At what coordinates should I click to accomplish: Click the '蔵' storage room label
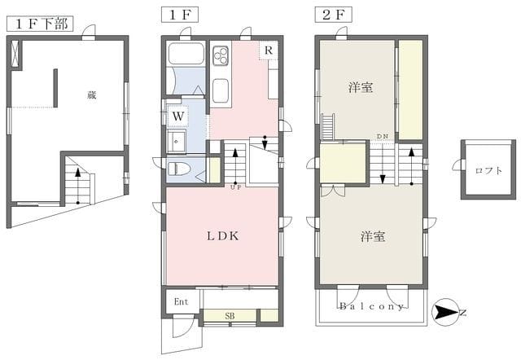point(92,95)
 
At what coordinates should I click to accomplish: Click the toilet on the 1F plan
point(181,169)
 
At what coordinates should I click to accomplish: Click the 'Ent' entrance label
point(181,301)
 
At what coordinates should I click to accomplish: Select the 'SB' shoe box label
point(230,315)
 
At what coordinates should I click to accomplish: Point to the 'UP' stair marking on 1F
point(236,187)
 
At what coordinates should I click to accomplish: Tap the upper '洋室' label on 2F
point(361,87)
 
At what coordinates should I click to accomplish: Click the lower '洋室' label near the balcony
point(374,236)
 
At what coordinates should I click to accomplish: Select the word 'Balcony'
point(372,306)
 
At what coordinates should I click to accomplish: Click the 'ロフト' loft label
point(487,169)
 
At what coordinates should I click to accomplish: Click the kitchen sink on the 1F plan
point(221,90)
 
